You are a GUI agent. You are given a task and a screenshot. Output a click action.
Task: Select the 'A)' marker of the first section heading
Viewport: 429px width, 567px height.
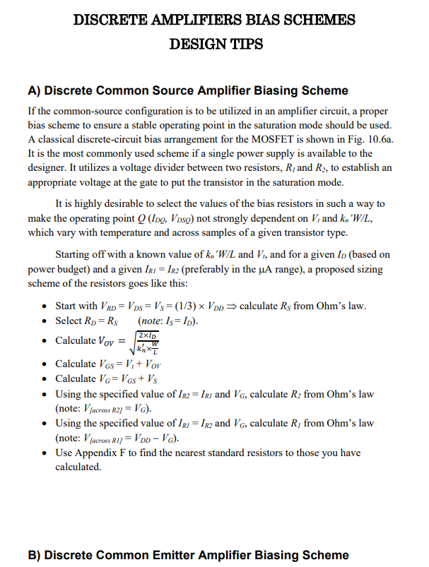coord(35,90)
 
